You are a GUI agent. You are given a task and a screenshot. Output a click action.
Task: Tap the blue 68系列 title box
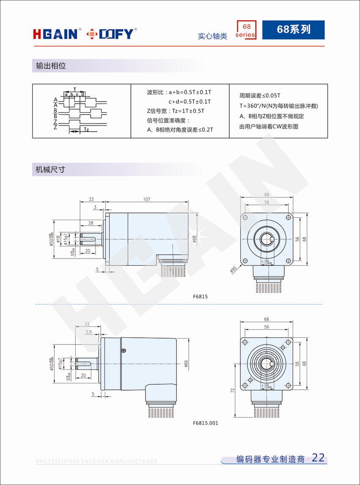(293, 30)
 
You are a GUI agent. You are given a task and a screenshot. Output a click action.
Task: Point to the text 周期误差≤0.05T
(260, 96)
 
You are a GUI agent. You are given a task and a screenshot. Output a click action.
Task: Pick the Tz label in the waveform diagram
(86, 130)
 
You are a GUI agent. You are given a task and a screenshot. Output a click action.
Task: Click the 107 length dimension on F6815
(147, 199)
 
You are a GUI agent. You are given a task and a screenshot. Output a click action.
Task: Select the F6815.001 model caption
(206, 423)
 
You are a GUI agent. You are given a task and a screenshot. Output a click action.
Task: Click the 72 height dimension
(233, 391)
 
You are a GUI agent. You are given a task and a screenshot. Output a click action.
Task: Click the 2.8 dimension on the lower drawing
(88, 332)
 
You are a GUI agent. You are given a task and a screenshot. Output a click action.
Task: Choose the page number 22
(318, 457)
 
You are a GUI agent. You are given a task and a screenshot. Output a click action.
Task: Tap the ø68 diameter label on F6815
(195, 239)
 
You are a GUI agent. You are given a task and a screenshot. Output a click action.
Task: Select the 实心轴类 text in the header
(212, 36)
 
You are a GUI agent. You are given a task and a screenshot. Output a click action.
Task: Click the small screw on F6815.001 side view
(124, 350)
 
